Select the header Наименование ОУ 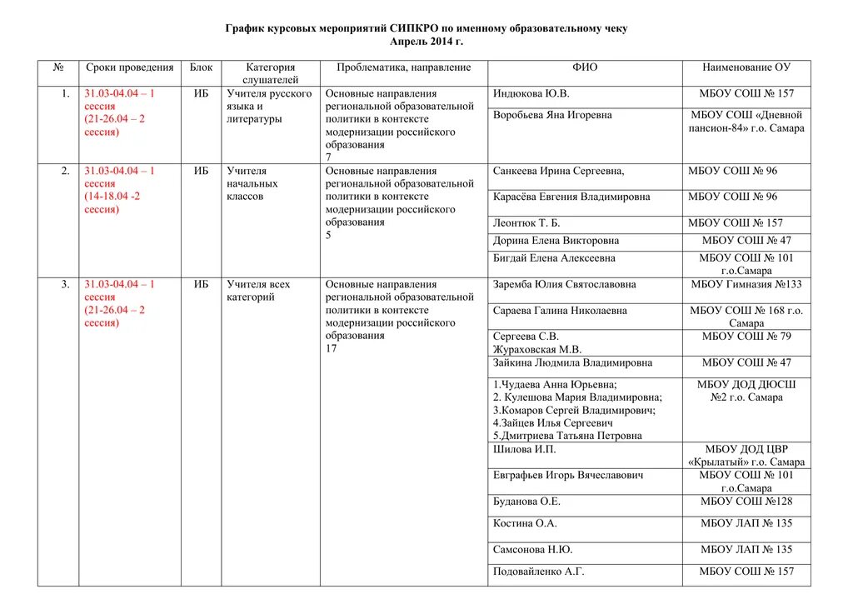click(x=746, y=67)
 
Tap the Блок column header click(x=201, y=67)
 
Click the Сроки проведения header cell click(x=129, y=67)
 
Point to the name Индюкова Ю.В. click(x=531, y=94)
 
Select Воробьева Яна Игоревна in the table click(x=552, y=115)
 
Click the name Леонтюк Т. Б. click(x=526, y=223)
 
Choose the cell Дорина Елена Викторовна click(x=556, y=241)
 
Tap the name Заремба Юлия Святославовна click(x=564, y=285)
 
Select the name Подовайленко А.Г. click(x=538, y=572)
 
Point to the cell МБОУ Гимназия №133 click(x=746, y=285)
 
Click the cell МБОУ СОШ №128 click(x=746, y=502)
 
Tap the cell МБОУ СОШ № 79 click(x=746, y=337)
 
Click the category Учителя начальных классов click(x=252, y=183)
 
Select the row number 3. click(x=65, y=285)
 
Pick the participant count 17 click(x=331, y=348)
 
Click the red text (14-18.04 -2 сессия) click(x=112, y=202)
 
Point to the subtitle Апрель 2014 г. click(x=426, y=42)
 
